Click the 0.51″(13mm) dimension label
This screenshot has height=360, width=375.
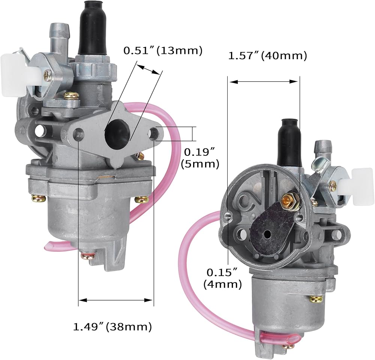163,51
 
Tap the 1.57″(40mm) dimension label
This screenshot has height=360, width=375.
268,56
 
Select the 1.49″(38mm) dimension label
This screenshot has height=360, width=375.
112,327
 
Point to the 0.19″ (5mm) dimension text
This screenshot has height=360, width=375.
200,158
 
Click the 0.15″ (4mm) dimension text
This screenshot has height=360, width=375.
222,278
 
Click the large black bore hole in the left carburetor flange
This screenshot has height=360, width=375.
117,133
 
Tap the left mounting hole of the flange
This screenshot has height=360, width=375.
79,134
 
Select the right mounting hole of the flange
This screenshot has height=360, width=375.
153,134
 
